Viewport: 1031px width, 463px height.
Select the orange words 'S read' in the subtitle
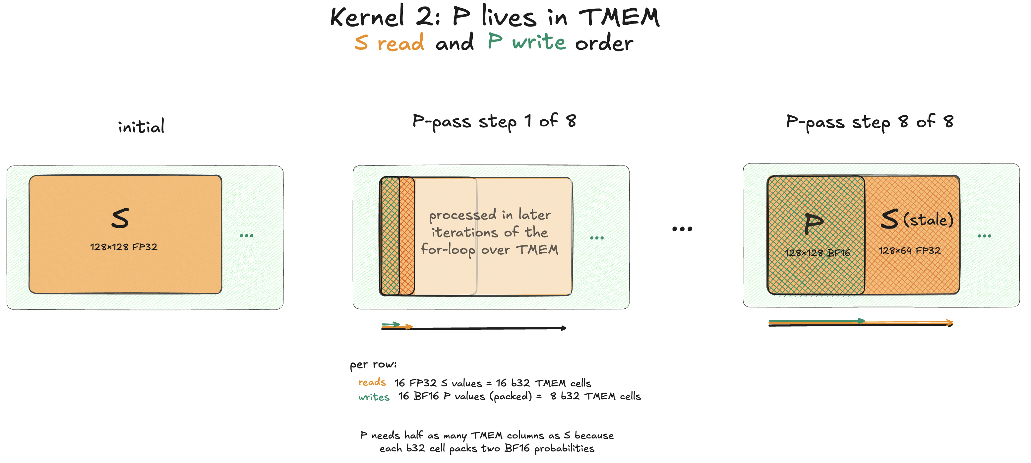(389, 42)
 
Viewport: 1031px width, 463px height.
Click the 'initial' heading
(141, 126)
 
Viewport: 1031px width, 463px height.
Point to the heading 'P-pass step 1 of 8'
(494, 121)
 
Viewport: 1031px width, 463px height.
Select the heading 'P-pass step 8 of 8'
(870, 122)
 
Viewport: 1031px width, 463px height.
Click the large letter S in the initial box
(120, 218)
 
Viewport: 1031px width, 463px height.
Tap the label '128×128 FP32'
(124, 247)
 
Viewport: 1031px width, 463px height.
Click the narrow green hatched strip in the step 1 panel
(390, 236)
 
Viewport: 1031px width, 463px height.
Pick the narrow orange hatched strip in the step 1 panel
(407, 236)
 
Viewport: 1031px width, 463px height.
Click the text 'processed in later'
(490, 215)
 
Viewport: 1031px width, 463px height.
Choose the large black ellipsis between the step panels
(682, 229)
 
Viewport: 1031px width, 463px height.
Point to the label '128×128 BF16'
(817, 253)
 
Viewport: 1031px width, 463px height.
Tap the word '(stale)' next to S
(928, 220)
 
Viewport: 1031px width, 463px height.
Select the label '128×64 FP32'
(909, 251)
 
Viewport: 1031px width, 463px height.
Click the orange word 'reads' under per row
(372, 382)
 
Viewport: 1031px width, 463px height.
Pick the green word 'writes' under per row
(374, 397)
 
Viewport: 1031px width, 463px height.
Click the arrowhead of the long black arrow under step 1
(564, 328)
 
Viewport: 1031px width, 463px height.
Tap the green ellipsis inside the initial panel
(247, 235)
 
